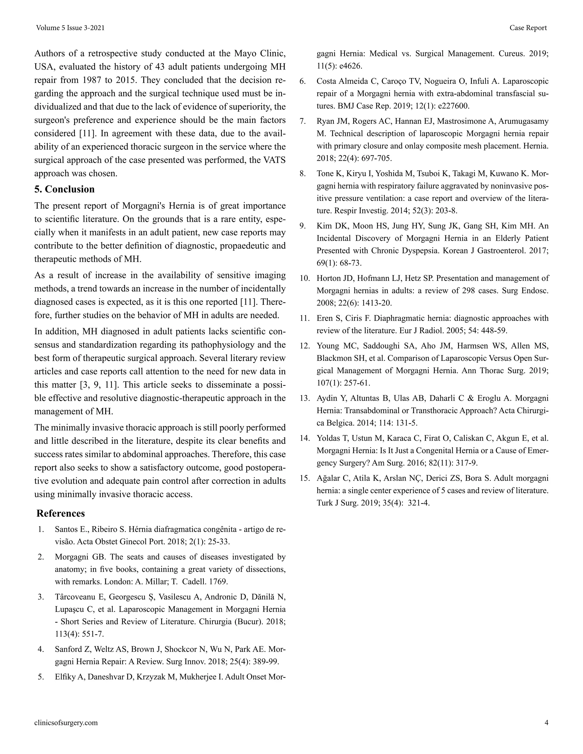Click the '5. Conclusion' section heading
64,189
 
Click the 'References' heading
60,513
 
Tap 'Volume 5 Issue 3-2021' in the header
70,28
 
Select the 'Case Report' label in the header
528,28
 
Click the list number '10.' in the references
305,278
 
